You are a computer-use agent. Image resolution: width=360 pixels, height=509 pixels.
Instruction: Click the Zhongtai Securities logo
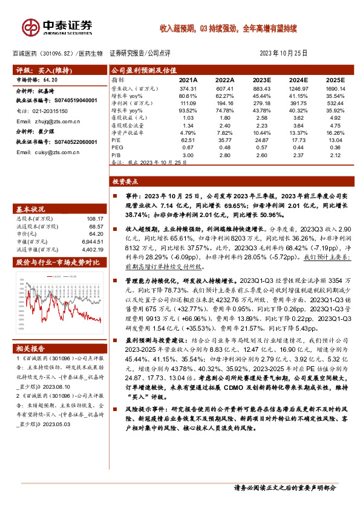(58, 27)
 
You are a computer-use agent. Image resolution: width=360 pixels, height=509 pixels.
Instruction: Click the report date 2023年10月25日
(283, 53)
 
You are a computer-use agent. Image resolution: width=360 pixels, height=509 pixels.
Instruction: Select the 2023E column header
(261, 80)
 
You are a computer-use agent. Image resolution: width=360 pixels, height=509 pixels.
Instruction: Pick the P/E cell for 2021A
(189, 139)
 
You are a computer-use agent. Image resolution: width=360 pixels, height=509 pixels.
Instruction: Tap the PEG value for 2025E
(335, 147)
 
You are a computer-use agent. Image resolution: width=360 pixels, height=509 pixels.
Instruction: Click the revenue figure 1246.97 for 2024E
(298, 88)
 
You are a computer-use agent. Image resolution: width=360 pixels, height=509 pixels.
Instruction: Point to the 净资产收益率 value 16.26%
(335, 132)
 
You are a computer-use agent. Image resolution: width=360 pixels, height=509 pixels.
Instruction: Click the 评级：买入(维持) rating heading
(40, 71)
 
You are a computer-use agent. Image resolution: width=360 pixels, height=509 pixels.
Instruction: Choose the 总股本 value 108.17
(95, 218)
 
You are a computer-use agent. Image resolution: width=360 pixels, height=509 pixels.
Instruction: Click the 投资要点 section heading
(126, 181)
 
